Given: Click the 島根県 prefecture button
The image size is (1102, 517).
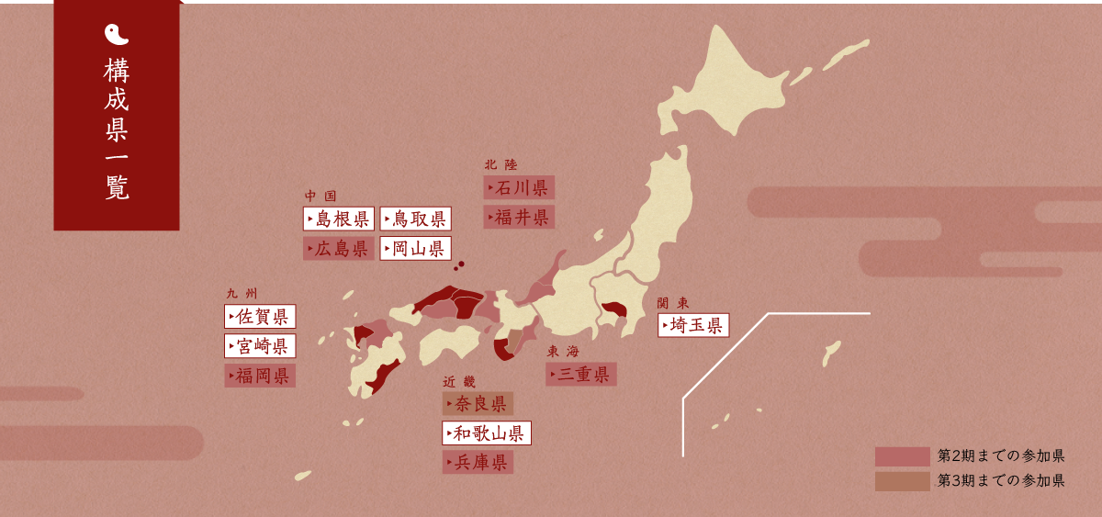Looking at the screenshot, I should point(339,219).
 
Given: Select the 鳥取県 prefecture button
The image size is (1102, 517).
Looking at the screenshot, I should point(415,219).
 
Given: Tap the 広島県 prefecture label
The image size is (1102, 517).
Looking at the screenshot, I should point(339,249).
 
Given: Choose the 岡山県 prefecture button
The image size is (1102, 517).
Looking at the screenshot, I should point(415,249).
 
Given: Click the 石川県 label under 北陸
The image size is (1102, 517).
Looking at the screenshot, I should point(519,188).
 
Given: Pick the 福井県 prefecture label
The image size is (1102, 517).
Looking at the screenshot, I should point(519,218).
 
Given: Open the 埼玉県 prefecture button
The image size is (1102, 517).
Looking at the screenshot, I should point(693,325).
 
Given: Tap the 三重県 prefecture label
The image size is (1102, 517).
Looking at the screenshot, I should point(581,375).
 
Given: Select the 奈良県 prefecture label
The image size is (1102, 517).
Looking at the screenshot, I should point(478,404).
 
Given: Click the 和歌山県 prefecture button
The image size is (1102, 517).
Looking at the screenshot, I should point(487,433).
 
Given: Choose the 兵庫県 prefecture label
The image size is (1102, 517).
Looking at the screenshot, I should point(478,463).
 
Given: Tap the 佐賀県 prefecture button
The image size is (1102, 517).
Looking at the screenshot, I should point(260,317).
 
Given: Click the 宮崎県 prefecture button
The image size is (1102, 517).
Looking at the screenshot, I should point(260,346).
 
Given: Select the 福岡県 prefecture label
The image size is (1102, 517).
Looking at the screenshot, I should point(260,376).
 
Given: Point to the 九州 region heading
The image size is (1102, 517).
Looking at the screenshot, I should point(242,294).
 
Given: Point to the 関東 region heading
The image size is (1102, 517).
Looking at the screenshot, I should point(673,303).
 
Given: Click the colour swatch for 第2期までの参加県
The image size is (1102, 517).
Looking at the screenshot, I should point(902,456).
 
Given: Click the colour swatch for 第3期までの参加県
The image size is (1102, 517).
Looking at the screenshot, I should point(902,481).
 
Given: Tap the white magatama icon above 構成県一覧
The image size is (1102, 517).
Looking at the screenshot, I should point(117,35).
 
